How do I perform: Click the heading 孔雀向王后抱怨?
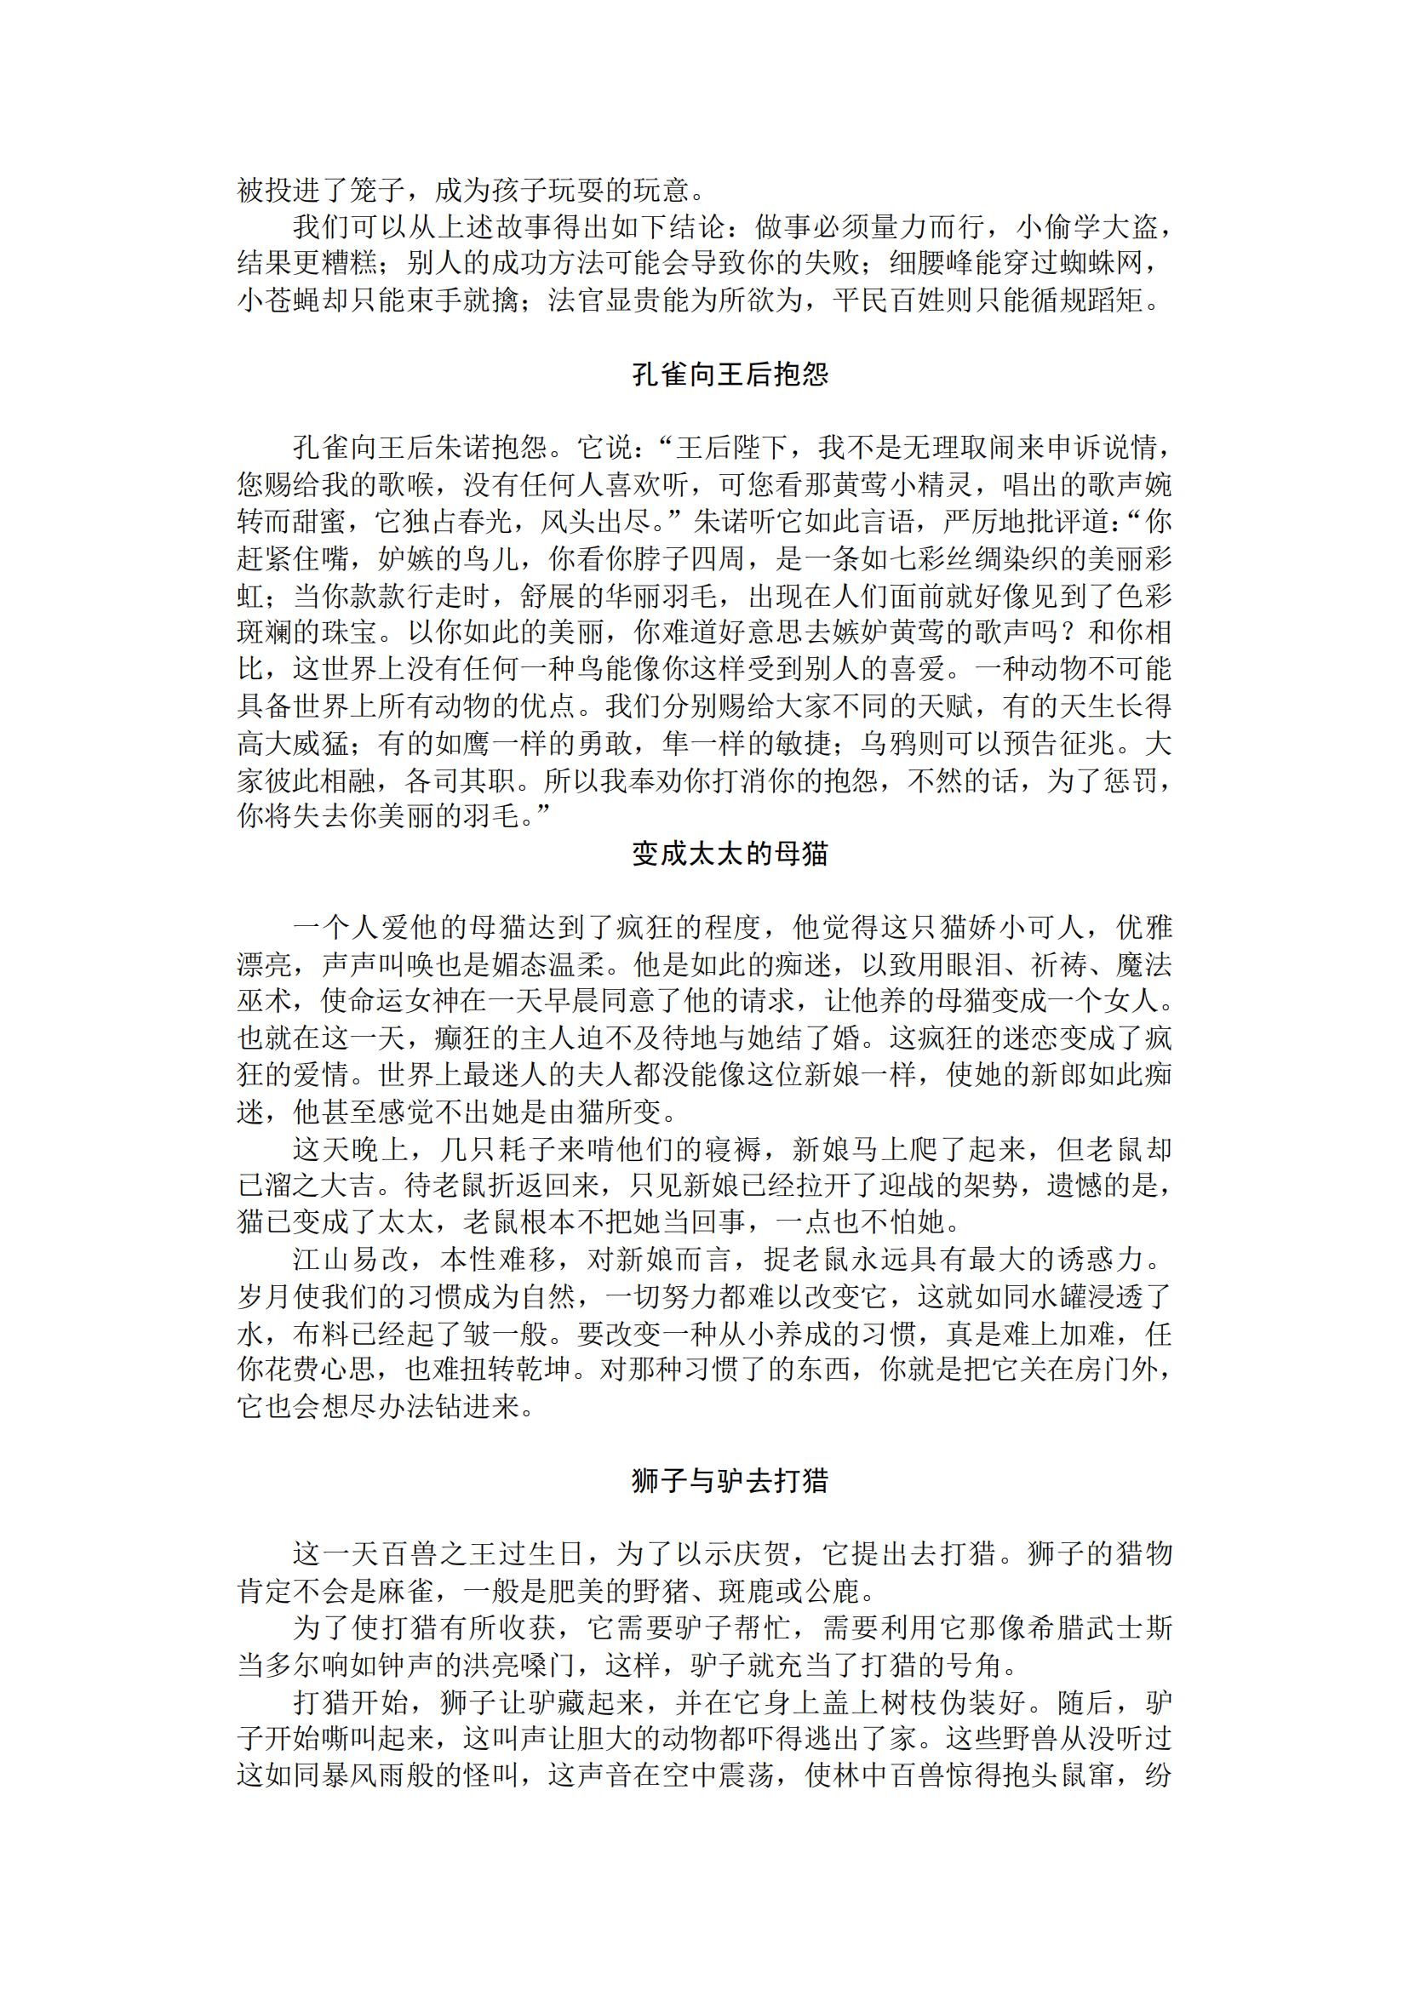730,375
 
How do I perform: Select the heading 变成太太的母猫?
730,855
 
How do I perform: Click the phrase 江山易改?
350,1260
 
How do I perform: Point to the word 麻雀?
407,1592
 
